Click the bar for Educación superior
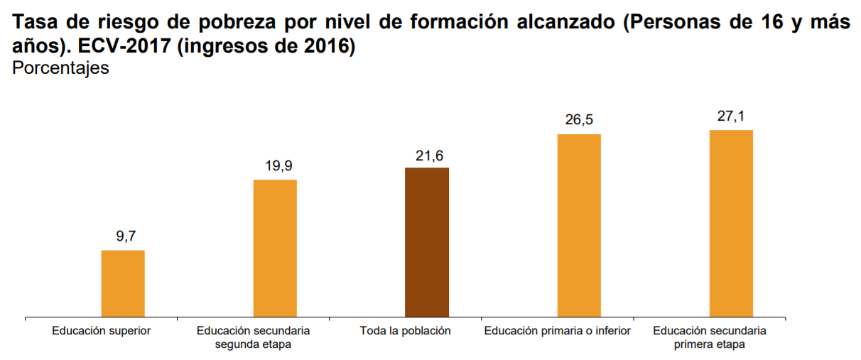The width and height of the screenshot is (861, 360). [123, 283]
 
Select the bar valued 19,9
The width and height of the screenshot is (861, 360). [276, 248]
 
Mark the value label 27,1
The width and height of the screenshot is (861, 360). [731, 116]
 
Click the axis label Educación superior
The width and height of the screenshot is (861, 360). [102, 331]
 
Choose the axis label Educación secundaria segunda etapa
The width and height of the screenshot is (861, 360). [254, 337]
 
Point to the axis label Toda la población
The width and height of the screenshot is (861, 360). [406, 331]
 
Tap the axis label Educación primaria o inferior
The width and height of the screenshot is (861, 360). [558, 331]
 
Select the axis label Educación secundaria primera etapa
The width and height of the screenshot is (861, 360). [710, 337]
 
